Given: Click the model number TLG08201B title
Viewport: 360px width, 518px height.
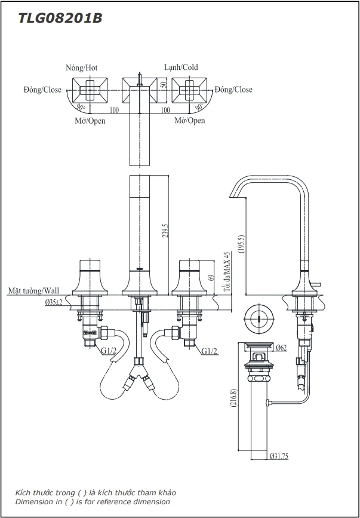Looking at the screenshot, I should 60,19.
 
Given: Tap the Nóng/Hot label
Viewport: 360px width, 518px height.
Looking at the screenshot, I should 81,68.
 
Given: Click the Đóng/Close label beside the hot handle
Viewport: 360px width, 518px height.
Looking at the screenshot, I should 42,90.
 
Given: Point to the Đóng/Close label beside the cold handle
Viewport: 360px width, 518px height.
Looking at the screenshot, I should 233,90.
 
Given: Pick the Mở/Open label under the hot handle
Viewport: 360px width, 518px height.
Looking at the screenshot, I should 90,121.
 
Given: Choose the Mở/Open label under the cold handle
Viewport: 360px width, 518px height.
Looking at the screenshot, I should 189,121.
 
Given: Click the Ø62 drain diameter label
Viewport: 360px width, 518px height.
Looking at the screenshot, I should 282,347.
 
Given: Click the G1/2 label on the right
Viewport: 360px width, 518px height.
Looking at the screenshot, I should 209,351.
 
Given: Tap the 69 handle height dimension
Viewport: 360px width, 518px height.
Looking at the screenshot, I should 210,277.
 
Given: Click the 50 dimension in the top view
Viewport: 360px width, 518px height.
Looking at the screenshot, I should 164,85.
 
